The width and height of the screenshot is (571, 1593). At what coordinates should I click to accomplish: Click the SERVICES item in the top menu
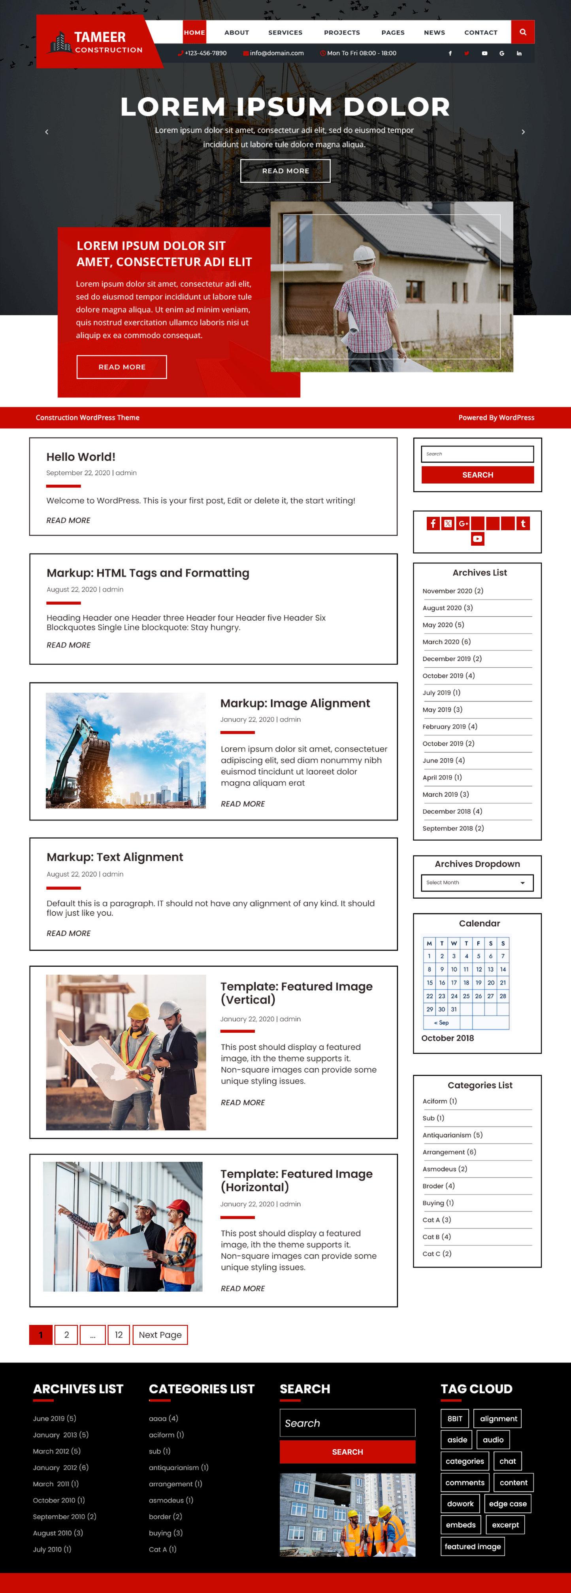tap(285, 32)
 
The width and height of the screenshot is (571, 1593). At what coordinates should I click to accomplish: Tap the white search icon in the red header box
tap(523, 32)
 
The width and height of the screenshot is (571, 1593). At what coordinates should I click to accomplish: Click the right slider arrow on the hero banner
tap(523, 132)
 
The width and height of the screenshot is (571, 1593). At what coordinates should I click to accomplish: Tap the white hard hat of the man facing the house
tap(364, 253)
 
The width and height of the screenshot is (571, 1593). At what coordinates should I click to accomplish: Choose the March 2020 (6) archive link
tap(446, 642)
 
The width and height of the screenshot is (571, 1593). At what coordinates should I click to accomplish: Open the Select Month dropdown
tap(477, 882)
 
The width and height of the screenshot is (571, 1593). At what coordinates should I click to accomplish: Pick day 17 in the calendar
tap(454, 983)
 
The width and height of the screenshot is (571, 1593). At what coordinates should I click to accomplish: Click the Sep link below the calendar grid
tap(442, 1023)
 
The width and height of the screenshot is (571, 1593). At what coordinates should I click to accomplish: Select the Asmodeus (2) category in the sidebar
tap(444, 1169)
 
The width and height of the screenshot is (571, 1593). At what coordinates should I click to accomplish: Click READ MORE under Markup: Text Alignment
tap(69, 933)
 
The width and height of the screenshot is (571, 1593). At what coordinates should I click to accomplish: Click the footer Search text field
tap(347, 1423)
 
